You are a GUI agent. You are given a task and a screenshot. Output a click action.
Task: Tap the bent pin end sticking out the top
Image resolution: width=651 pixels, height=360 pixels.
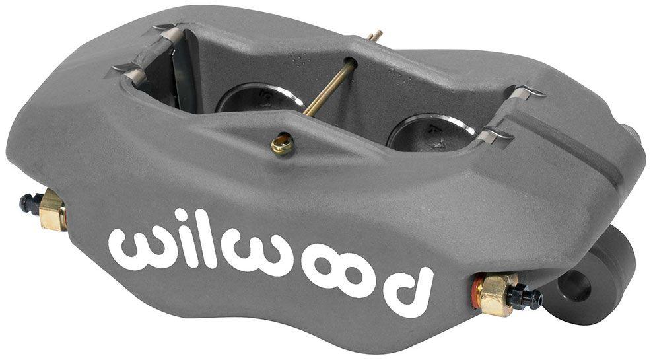pyautogui.click(x=374, y=35)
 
